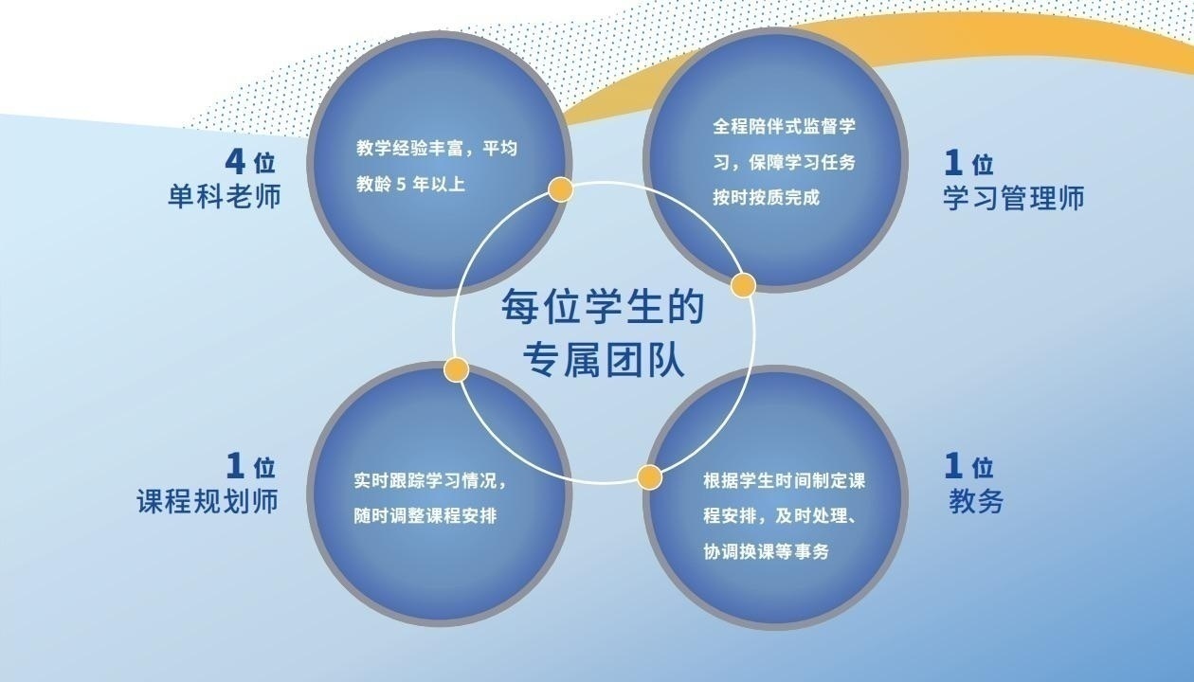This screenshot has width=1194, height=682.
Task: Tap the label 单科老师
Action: (x=224, y=196)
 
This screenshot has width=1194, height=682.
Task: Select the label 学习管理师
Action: (x=1013, y=197)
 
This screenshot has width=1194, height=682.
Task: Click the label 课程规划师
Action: (x=208, y=500)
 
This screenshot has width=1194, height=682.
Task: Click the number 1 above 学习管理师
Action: (x=954, y=163)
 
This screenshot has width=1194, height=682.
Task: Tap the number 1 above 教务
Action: (x=954, y=465)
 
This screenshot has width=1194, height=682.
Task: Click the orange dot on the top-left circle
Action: (x=561, y=189)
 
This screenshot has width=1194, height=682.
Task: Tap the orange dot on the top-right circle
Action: (x=743, y=285)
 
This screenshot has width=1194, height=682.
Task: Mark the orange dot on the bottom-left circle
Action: (x=457, y=369)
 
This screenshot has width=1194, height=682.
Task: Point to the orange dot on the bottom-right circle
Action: (x=649, y=476)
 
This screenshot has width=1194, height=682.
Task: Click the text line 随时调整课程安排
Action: (x=425, y=516)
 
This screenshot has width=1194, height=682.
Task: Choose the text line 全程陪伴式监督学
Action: (x=784, y=126)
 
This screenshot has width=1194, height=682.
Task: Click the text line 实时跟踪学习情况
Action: (x=431, y=480)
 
